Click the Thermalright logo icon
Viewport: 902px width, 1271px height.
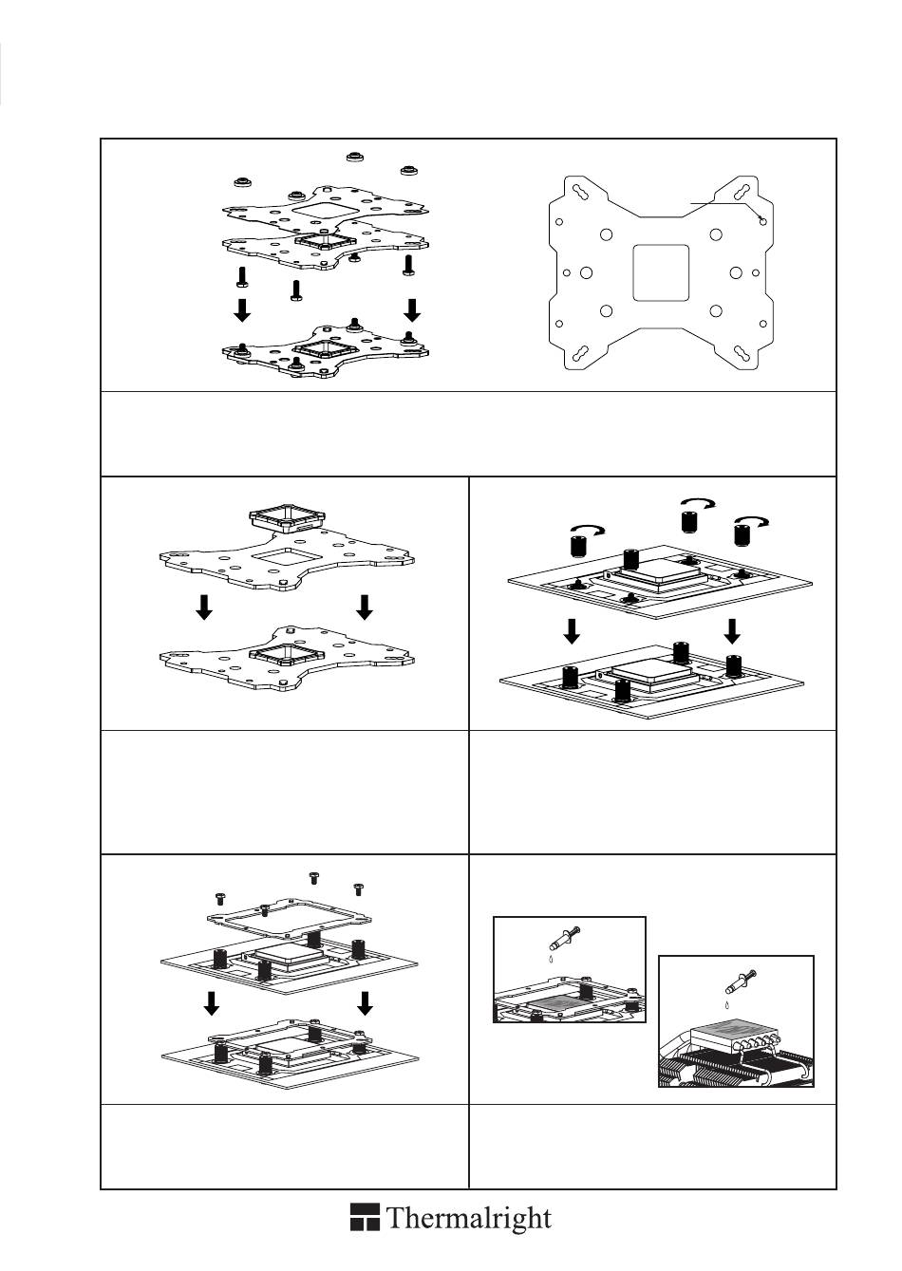tap(365, 1219)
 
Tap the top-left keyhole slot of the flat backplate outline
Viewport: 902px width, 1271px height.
tap(578, 190)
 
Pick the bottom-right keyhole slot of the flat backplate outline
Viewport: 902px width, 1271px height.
tap(743, 355)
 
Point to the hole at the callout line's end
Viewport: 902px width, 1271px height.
tap(764, 220)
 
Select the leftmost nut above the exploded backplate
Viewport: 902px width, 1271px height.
tap(242, 180)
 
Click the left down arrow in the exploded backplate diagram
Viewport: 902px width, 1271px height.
tap(243, 309)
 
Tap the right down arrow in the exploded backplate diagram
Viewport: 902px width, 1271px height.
tap(412, 309)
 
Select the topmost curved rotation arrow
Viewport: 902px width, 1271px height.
tap(701, 503)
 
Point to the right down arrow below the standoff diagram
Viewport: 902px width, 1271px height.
tap(732, 629)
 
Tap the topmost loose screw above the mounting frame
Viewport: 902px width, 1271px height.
tap(313, 876)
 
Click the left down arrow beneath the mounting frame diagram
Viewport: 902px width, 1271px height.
tap(213, 1003)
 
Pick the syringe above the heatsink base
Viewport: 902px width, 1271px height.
tap(738, 983)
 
